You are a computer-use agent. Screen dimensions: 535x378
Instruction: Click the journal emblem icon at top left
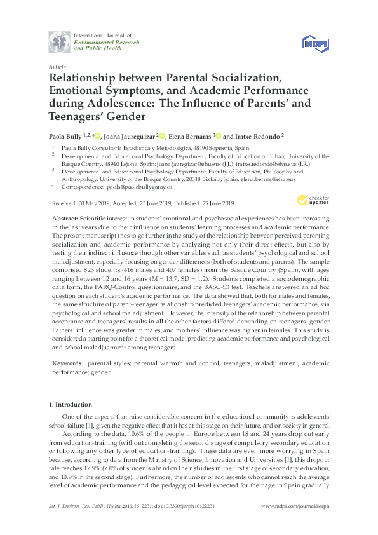pos(59,42)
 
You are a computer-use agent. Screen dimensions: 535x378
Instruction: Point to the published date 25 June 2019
pos(214,203)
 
